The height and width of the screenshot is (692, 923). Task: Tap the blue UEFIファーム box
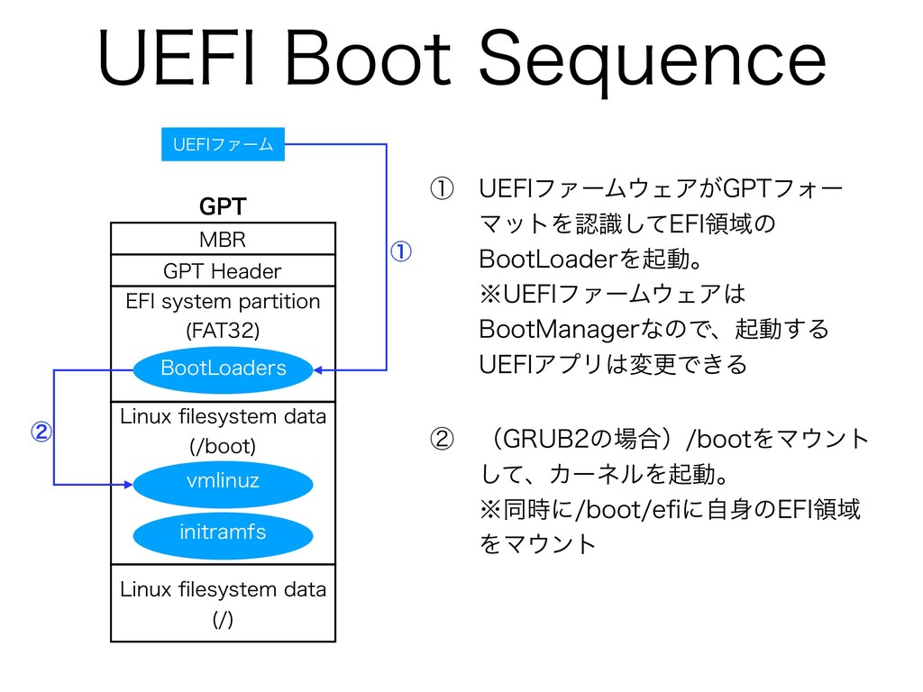pos(224,144)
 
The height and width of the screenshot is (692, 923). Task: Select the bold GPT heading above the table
pos(223,206)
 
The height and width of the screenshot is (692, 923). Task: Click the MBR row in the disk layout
pos(224,239)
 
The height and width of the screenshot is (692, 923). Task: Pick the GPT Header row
pos(224,270)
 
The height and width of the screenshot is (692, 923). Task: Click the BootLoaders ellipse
pos(224,369)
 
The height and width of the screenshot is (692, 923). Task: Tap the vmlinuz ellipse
pos(224,483)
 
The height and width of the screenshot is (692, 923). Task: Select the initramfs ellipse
pos(224,533)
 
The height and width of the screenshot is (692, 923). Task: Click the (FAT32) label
pos(224,331)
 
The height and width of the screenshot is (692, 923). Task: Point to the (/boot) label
pos(224,446)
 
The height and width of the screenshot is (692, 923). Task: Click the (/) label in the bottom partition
pos(224,619)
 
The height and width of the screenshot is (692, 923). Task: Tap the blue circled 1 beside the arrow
pos(401,252)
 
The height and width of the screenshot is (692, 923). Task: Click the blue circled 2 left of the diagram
pos(41,432)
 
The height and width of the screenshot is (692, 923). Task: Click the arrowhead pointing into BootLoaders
pos(318,370)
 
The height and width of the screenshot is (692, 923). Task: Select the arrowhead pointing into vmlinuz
pos(128,484)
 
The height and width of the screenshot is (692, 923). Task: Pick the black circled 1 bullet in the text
pos(442,189)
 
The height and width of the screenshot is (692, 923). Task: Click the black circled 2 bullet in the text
pos(442,439)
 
